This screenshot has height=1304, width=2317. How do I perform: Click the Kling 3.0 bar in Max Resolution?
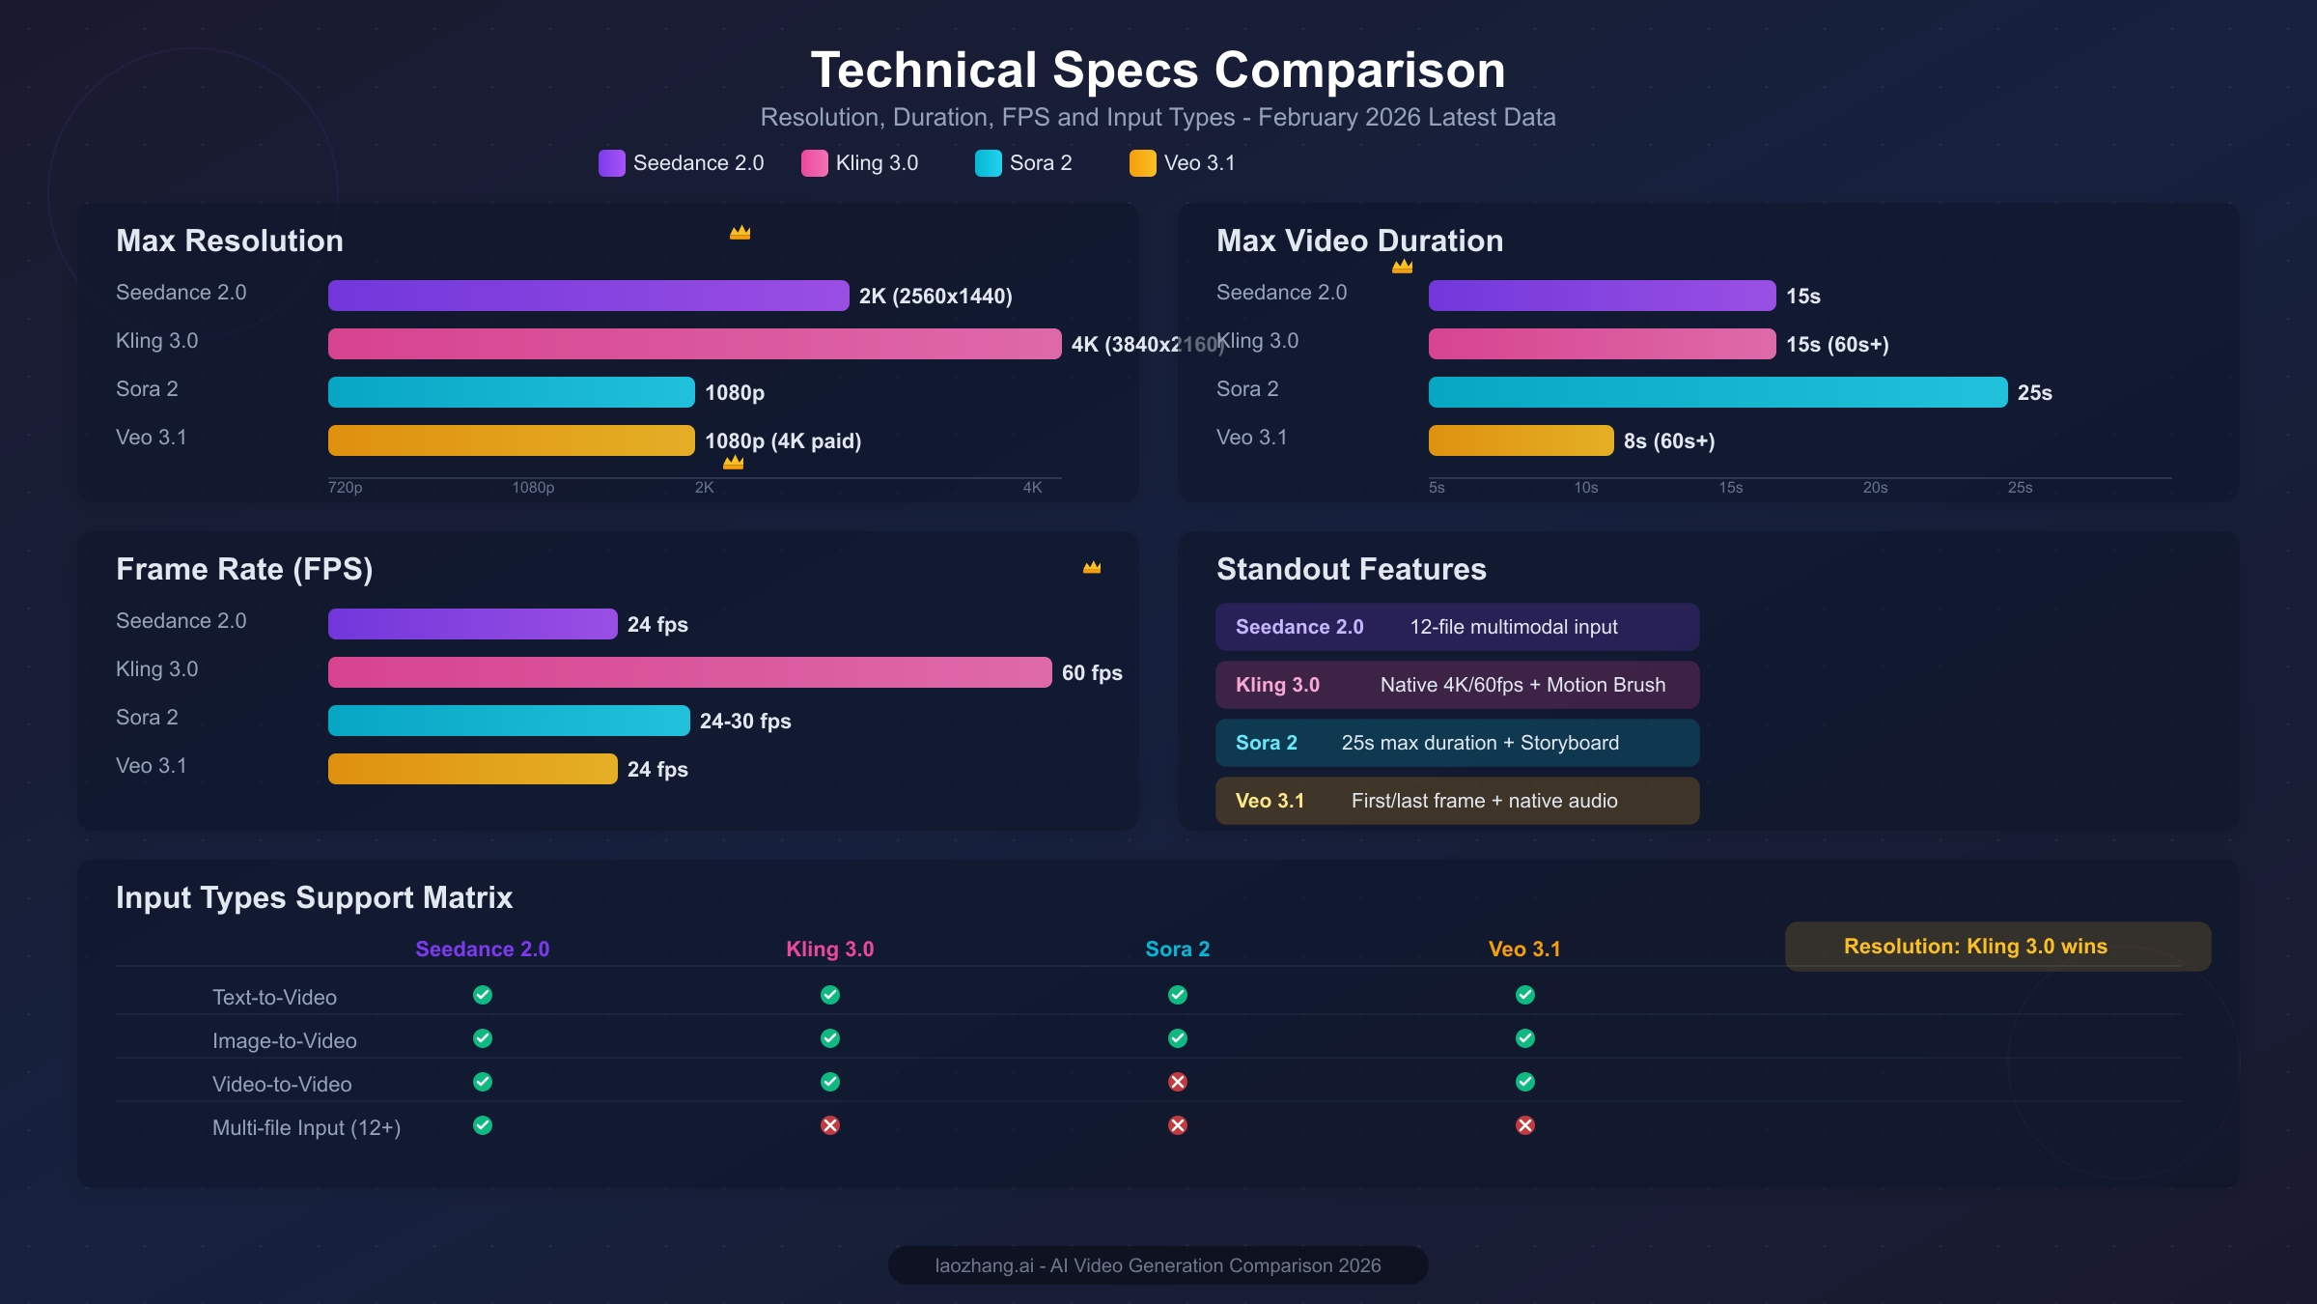point(694,344)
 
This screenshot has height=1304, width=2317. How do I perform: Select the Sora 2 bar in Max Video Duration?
point(1717,392)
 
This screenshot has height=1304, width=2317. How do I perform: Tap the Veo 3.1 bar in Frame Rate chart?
point(472,769)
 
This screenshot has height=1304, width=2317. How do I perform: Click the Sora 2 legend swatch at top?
point(988,163)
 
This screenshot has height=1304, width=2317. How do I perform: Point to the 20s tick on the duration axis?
point(1875,488)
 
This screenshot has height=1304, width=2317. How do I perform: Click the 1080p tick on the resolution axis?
point(533,488)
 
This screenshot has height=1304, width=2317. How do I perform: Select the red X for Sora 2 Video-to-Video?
point(1177,1082)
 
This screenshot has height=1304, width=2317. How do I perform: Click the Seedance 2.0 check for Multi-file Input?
point(483,1125)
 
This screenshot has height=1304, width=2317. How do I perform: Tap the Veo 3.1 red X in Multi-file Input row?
point(1524,1125)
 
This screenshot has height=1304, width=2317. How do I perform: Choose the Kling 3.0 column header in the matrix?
point(829,950)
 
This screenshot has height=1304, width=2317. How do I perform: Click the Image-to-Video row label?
point(285,1041)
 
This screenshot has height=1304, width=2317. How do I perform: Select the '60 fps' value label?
point(1092,673)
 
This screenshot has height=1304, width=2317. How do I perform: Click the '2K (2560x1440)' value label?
point(935,297)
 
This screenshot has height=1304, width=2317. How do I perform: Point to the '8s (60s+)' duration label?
point(1669,441)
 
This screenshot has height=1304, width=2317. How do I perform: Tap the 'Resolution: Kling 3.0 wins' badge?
point(1997,947)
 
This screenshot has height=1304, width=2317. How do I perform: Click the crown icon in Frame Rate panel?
point(1092,568)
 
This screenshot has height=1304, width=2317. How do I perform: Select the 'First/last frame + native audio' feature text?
point(1484,801)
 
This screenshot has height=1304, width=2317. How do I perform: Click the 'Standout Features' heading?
point(1351,570)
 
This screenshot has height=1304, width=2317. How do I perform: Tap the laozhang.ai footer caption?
point(1158,1265)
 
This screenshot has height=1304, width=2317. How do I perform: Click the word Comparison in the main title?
point(1359,71)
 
